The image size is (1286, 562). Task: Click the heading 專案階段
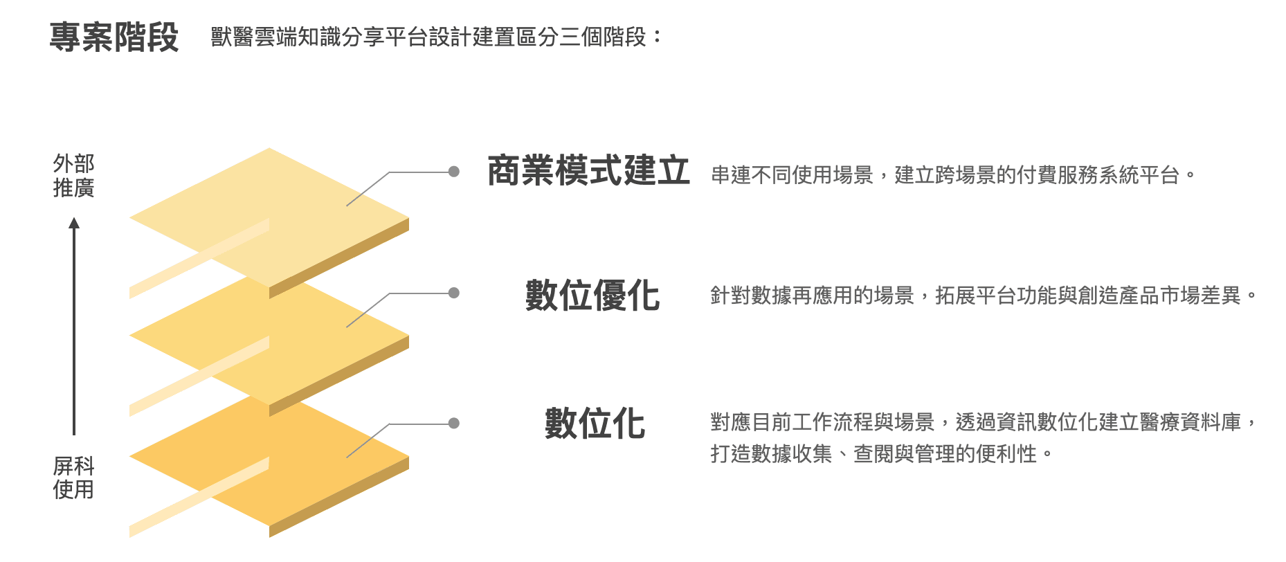[x=114, y=37]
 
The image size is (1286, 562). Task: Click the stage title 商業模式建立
[x=588, y=171]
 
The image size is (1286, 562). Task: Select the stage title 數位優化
[x=592, y=296]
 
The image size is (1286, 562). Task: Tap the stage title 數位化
[x=595, y=423]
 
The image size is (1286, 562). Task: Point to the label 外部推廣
[x=73, y=176]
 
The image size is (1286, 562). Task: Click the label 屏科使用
[x=73, y=478]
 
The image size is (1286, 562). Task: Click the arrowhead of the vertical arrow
[x=74, y=223]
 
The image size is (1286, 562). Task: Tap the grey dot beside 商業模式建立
[x=454, y=172]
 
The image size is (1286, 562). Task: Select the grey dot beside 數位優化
[x=454, y=293]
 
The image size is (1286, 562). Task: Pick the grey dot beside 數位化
[x=454, y=423]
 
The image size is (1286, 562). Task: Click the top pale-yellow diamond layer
[x=269, y=208]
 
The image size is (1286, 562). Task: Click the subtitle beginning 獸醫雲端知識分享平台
[x=436, y=37]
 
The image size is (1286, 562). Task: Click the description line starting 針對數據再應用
[x=984, y=296]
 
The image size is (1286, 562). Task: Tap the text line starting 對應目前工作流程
[x=984, y=421]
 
